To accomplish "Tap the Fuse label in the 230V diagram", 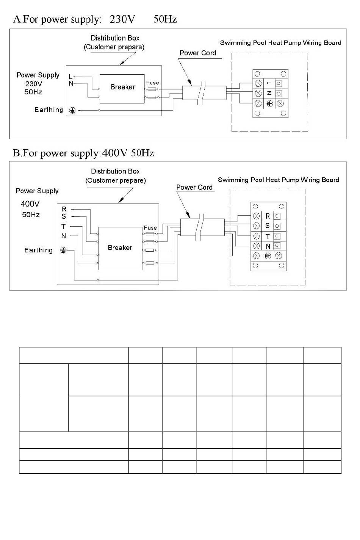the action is point(152,83).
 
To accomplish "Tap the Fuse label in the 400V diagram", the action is point(150,228).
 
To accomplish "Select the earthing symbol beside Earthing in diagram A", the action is point(72,110).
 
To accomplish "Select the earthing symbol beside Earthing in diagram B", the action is point(63,250).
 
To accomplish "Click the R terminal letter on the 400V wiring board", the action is point(268,216).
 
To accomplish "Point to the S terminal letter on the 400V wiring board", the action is point(267,226).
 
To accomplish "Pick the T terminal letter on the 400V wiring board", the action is point(268,236).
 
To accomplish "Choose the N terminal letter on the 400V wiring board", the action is point(268,246).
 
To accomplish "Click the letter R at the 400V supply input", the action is point(64,209).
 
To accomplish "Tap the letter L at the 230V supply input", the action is point(70,77).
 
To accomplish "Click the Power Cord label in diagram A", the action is point(198,53).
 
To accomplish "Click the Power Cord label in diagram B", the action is point(194,187).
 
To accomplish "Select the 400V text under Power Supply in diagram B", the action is point(30,204).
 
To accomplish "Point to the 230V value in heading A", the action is point(122,19).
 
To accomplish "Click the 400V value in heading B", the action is point(114,153).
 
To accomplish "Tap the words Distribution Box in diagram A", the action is point(115,38).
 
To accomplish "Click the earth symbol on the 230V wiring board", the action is point(269,104).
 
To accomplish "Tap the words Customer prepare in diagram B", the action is point(116,180).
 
